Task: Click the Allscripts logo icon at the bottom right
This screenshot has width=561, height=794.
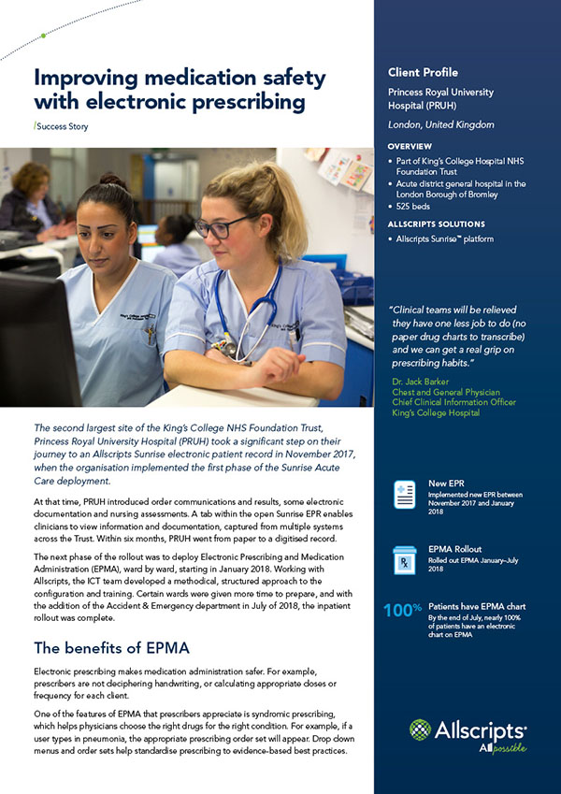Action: pyautogui.click(x=422, y=731)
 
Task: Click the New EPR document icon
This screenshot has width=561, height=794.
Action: pyautogui.click(x=405, y=494)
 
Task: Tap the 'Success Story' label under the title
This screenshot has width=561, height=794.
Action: pyautogui.click(x=64, y=125)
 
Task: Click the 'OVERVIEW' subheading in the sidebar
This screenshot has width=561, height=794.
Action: pyautogui.click(x=410, y=147)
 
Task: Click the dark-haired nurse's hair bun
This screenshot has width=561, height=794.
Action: pyautogui.click(x=112, y=180)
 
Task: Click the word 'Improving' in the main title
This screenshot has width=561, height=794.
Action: pyautogui.click(x=87, y=76)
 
